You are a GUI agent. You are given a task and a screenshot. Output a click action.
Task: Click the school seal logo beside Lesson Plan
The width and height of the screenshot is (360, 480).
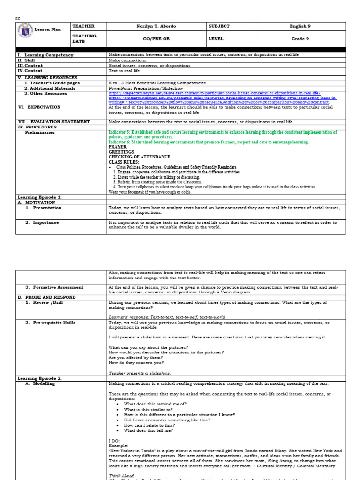[x=25, y=29]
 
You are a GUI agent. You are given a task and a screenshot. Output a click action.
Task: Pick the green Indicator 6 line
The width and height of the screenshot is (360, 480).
[x=209, y=142]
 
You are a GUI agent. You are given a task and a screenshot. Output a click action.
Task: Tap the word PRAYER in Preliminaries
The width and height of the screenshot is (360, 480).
[x=118, y=147]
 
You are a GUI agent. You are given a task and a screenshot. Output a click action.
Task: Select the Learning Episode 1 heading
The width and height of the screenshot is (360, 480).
[x=39, y=197]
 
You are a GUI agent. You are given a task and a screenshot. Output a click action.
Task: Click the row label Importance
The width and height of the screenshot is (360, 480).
[x=45, y=222]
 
